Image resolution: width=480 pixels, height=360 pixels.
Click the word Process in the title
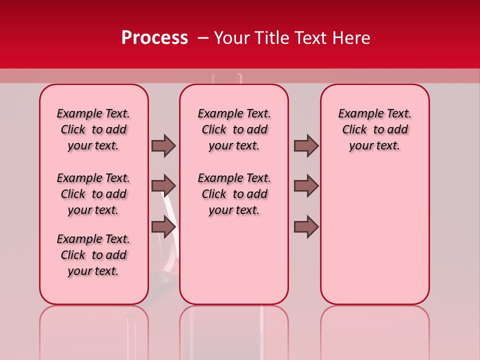click(154, 37)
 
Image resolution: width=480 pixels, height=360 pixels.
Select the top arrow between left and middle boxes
click(163, 145)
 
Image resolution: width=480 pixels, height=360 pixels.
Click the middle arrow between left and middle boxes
click(163, 186)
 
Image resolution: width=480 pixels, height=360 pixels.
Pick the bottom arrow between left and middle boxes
click(163, 226)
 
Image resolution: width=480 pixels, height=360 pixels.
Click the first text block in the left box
click(93, 129)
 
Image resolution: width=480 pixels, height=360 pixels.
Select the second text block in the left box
click(93, 194)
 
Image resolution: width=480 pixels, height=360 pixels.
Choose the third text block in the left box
click(93, 255)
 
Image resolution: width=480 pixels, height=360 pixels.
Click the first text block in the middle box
click(234, 129)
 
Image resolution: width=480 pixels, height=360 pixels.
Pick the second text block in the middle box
click(234, 194)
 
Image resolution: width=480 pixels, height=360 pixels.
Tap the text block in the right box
click(375, 129)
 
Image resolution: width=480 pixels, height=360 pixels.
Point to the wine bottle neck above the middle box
click(227, 78)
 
